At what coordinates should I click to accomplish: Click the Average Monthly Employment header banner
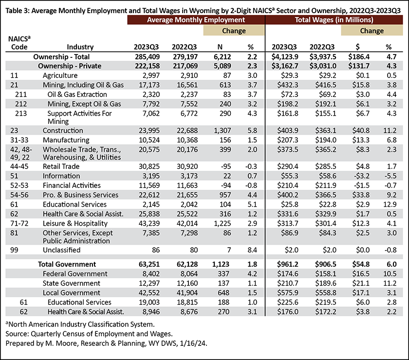196,20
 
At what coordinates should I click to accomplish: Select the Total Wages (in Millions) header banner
334,20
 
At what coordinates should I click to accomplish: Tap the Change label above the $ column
372,31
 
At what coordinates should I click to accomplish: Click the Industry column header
80,47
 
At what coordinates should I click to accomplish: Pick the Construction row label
63,130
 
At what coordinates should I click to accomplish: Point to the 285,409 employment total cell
148,56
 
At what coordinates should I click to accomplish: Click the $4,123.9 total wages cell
285,56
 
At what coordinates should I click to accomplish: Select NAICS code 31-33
19,140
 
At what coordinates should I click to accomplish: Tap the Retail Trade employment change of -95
225,166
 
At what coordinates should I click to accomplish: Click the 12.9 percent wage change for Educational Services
390,204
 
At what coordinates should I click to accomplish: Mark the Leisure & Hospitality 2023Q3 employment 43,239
149,223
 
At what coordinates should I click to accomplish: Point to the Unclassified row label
61,250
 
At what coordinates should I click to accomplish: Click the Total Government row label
67,264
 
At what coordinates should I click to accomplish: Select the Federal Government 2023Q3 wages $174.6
287,274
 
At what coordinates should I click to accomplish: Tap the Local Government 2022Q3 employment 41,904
187,293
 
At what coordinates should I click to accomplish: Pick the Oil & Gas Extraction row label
77,94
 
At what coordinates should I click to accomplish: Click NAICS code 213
21,113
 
